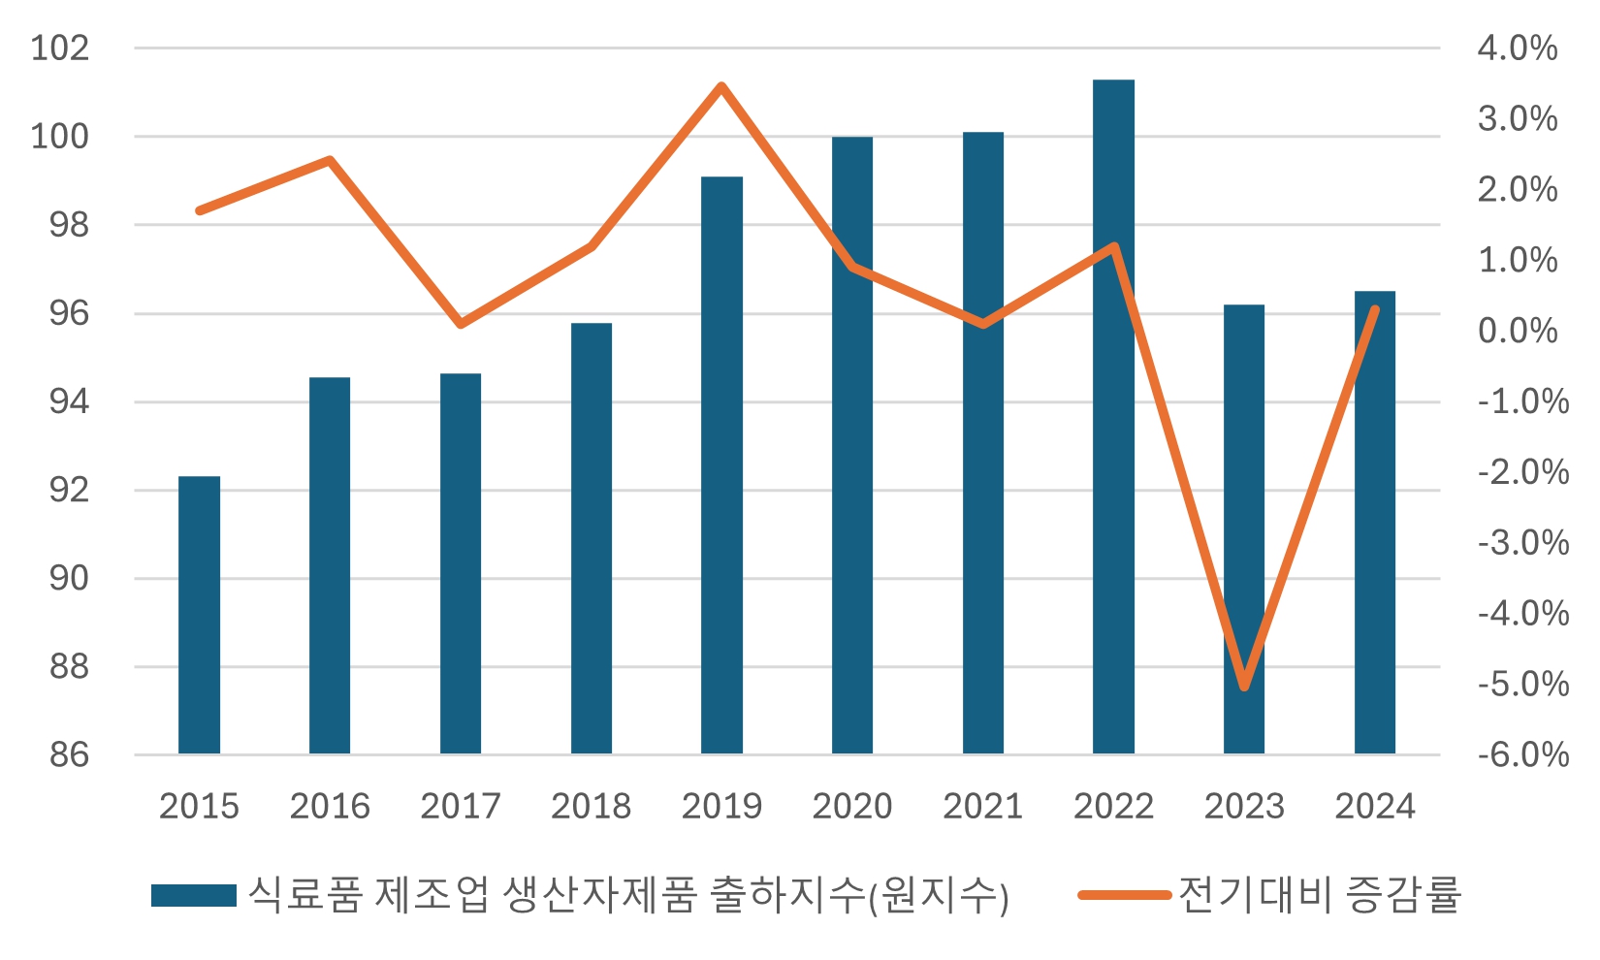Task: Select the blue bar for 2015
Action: [199, 615]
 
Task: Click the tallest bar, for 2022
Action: [1113, 417]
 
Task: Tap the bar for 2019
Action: [721, 465]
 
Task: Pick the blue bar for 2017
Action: [461, 563]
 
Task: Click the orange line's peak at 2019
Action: [721, 86]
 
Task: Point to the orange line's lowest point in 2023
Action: [1244, 687]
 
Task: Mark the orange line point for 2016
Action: [330, 160]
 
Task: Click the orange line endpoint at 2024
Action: [1374, 309]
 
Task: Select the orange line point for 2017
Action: [461, 323]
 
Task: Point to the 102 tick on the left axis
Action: [59, 48]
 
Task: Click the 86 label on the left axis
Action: [69, 754]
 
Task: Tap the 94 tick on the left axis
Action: [69, 401]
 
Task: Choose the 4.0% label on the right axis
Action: [1517, 48]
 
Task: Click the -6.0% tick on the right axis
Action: [1522, 754]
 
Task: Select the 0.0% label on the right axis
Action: [1517, 331]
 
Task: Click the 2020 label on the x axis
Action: [851, 806]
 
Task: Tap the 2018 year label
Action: [591, 806]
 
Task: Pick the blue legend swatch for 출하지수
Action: [194, 895]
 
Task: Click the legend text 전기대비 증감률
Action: [1319, 894]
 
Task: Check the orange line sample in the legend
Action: [1125, 895]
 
